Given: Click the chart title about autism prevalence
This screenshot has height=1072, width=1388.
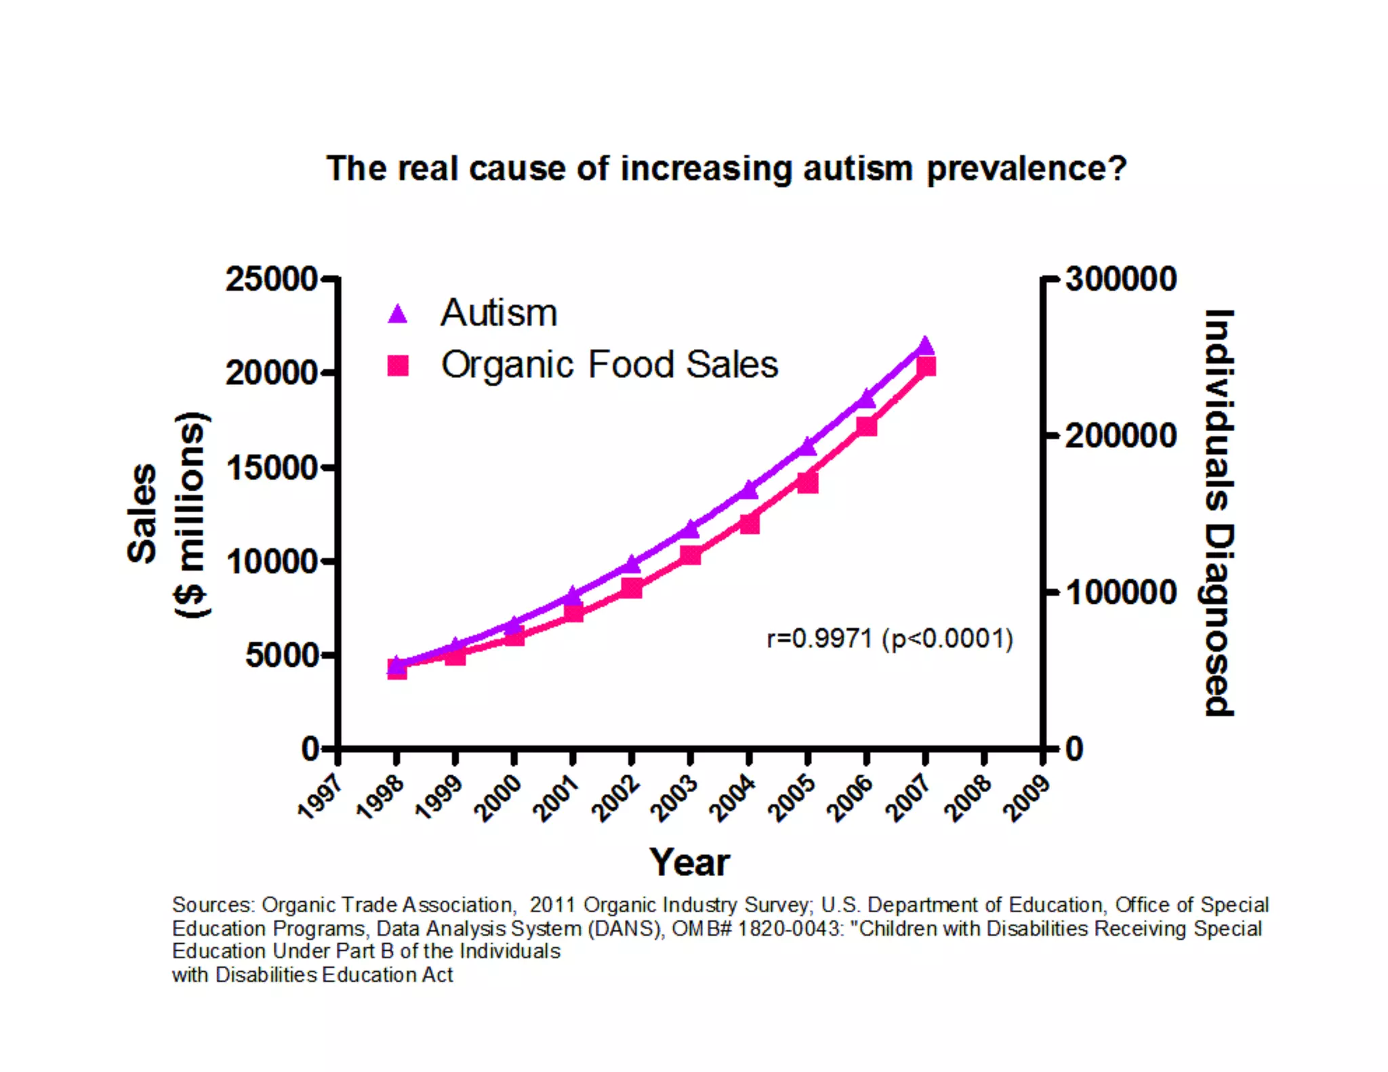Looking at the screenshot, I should [726, 168].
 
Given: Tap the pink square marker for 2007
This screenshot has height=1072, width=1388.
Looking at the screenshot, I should [926, 367].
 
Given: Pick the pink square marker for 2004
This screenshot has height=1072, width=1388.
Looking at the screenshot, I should [749, 524].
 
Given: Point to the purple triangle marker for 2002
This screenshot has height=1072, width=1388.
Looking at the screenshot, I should [632, 563].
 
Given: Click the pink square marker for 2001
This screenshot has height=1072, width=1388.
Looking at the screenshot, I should [573, 613].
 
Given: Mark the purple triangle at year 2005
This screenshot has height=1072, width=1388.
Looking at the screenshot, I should [808, 446].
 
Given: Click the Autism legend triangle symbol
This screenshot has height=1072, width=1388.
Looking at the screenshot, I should [398, 314].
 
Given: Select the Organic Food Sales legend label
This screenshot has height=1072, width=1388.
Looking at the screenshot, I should [609, 365].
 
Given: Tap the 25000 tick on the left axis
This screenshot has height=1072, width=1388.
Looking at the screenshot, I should [271, 279].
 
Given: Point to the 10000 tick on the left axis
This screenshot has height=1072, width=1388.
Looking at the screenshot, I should [271, 562].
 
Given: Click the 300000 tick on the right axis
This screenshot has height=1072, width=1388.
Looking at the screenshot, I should [1121, 279].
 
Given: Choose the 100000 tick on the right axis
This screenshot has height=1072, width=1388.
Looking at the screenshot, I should [1121, 592].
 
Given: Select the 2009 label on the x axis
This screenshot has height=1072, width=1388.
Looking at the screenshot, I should [1028, 798].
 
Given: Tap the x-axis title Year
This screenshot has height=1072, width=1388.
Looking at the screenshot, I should [689, 862].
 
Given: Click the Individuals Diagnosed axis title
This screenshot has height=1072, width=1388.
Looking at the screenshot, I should [1219, 512].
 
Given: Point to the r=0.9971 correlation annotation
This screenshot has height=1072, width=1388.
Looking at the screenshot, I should [889, 638].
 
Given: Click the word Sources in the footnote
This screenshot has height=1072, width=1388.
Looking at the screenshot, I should [213, 905].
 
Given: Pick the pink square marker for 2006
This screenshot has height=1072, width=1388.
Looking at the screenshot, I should [867, 426].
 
